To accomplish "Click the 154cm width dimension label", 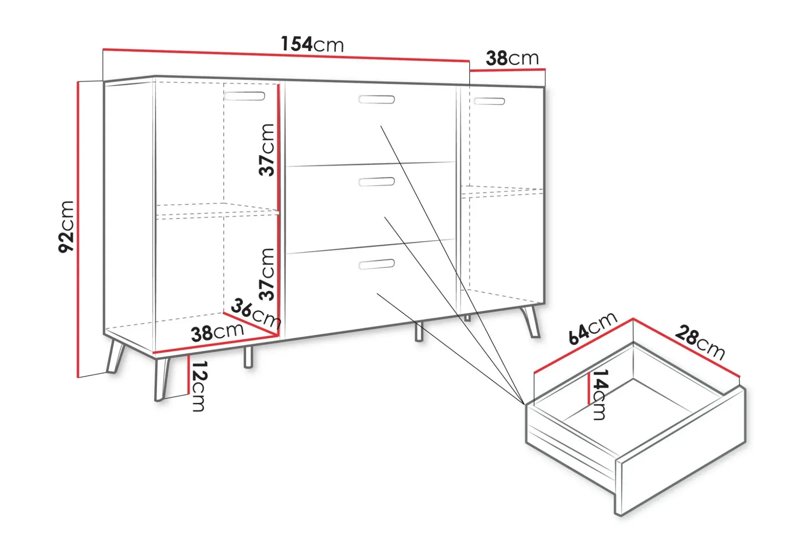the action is (312, 44).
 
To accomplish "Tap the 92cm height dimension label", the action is (66, 227).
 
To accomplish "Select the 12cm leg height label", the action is (199, 386).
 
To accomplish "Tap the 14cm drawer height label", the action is (600, 394).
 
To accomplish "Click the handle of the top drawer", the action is (376, 100).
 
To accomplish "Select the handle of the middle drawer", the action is (376, 182).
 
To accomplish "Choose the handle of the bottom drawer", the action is (376, 264).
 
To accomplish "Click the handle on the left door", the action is (244, 96).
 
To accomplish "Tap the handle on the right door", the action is (489, 101).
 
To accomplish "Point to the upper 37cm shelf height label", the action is (267, 150).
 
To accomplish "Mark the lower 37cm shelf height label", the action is (267, 274).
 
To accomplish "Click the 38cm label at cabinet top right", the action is (512, 58).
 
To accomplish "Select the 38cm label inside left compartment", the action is (217, 332).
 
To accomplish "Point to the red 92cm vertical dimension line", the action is (78, 230).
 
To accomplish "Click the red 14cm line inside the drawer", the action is (589, 389).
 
